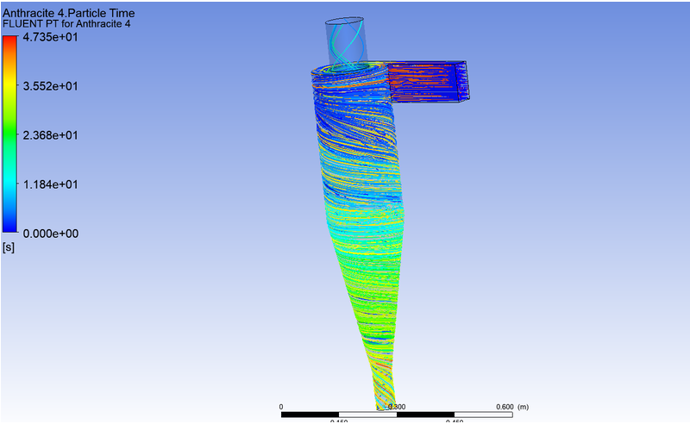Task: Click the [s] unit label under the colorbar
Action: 9,247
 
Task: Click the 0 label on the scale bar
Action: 282,407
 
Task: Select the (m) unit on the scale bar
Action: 524,407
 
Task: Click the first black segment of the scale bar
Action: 310,415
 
